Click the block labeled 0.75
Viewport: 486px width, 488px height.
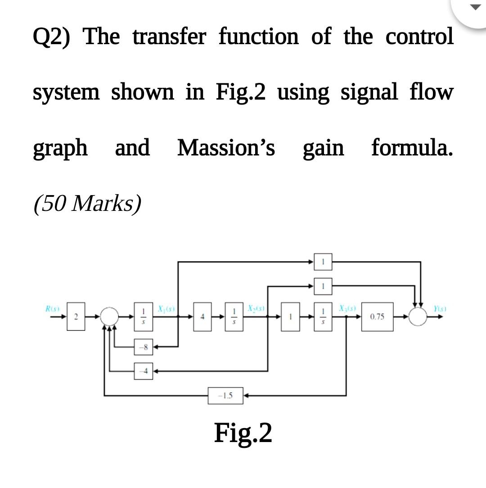pyautogui.click(x=378, y=317)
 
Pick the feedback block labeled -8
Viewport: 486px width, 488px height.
pyautogui.click(x=143, y=347)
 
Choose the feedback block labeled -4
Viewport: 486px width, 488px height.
pyautogui.click(x=143, y=371)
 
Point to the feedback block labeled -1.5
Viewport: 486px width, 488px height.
pyautogui.click(x=225, y=395)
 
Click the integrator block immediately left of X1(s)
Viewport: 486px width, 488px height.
pyautogui.click(x=143, y=317)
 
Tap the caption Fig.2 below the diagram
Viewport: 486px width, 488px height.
pyautogui.click(x=243, y=433)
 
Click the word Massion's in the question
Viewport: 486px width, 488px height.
pyautogui.click(x=226, y=148)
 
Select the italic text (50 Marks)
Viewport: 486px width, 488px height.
pyautogui.click(x=87, y=204)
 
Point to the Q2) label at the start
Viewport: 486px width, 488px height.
pyautogui.click(x=52, y=37)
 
